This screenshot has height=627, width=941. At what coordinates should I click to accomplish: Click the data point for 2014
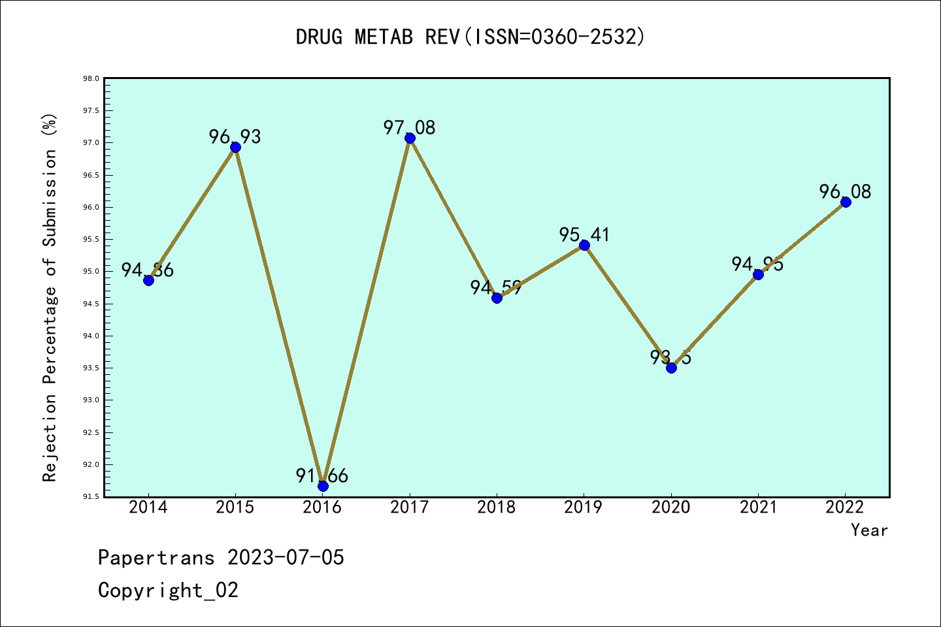click(x=148, y=280)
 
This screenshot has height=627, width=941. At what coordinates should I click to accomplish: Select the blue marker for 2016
click(x=323, y=486)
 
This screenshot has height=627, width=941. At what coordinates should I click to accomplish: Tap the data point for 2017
click(x=410, y=138)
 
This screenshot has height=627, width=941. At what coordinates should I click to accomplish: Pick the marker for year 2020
click(x=671, y=368)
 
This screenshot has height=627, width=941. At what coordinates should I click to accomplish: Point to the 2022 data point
click(x=846, y=202)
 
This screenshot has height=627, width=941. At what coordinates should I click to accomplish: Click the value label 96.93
click(x=235, y=137)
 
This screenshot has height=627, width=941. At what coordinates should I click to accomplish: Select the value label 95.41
click(x=584, y=235)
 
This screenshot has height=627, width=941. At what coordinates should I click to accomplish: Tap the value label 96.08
click(x=845, y=192)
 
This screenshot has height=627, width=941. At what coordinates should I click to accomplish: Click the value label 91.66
click(x=322, y=476)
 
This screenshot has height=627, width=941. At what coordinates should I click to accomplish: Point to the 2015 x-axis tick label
click(x=235, y=507)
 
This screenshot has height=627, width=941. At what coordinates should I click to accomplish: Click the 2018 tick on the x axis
click(x=497, y=507)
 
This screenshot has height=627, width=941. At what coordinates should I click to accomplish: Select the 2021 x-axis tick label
click(x=758, y=507)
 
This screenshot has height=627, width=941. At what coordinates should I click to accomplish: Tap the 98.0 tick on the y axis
click(x=91, y=79)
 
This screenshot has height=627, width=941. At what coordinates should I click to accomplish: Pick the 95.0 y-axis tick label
click(x=91, y=272)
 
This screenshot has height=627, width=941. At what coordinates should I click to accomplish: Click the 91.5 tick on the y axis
click(x=91, y=497)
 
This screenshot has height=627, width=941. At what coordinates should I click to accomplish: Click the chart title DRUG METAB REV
click(x=470, y=37)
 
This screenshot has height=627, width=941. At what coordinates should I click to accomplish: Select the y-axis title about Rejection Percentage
click(x=50, y=297)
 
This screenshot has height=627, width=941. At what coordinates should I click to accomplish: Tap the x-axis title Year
click(x=869, y=530)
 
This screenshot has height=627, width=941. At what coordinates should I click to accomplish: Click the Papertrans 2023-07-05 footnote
click(x=221, y=558)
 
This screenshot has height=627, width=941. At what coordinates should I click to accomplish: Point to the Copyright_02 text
click(x=168, y=590)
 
